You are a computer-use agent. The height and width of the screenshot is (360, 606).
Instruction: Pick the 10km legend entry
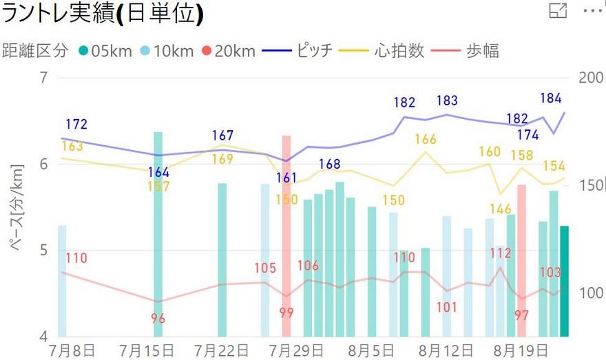click(x=166, y=50)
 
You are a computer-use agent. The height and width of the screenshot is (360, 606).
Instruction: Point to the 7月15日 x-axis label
click(x=148, y=349)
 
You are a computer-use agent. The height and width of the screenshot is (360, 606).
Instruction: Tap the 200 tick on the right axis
click(x=591, y=78)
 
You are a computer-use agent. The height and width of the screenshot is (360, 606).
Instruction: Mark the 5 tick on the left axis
click(x=45, y=250)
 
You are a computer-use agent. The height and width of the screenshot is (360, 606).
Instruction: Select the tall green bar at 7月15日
click(x=158, y=234)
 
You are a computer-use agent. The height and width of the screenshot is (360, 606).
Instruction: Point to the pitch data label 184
click(x=551, y=98)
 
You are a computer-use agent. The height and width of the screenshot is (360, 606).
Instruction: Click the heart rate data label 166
click(x=426, y=140)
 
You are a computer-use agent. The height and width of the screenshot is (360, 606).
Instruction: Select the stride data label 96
click(x=158, y=319)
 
